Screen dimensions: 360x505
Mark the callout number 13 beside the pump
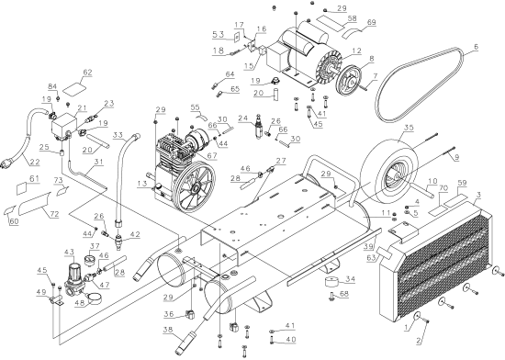pyautogui.click(x=140, y=184)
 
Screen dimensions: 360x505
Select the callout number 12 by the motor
pyautogui.click(x=355, y=51)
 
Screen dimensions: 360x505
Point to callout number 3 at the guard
pyautogui.click(x=478, y=196)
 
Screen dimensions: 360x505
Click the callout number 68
pyautogui.click(x=344, y=294)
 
